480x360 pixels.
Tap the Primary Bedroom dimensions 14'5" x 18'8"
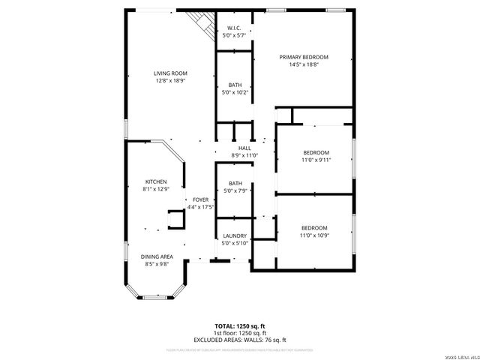pos(304,64)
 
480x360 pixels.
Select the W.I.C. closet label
pos(235,28)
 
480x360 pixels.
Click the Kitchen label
pos(156,181)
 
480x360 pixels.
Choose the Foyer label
pos(200,199)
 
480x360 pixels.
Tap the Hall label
pos(244,148)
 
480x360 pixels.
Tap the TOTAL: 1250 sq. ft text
pos(240,326)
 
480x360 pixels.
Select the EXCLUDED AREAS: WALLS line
pos(240,340)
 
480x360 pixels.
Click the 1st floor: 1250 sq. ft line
pos(240,333)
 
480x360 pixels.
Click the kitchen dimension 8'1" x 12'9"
pos(156,189)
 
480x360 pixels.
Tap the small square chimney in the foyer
pos(177,218)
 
